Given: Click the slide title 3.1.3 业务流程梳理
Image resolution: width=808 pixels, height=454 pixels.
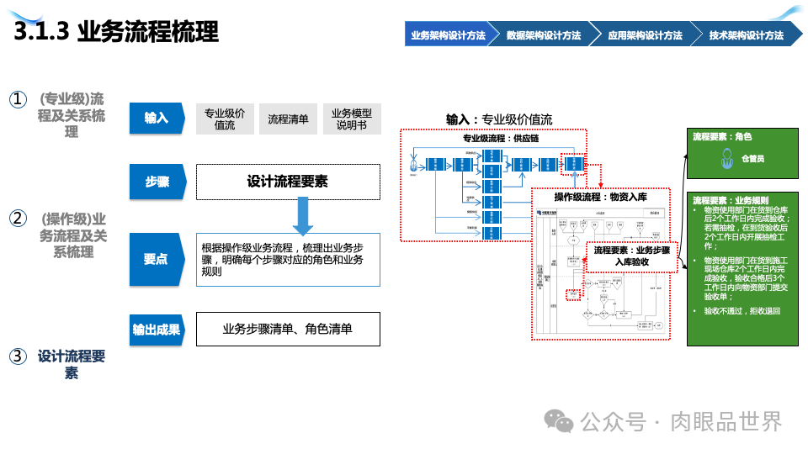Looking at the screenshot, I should (117, 32).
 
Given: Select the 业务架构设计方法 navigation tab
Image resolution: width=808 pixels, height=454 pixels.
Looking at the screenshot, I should (447, 35).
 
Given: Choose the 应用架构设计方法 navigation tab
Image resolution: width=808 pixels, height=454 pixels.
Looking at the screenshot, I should (645, 35).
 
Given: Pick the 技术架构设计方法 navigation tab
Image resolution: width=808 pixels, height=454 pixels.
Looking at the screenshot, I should (746, 35).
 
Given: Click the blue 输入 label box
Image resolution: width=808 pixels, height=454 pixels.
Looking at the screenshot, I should (157, 119).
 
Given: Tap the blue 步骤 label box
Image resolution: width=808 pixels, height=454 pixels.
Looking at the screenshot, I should (157, 182).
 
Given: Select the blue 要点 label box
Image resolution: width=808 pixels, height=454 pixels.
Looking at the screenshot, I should (157, 260).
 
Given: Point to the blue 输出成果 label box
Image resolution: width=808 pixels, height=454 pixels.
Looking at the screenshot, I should (157, 330).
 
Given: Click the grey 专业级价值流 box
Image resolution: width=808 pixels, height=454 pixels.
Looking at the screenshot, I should (225, 119).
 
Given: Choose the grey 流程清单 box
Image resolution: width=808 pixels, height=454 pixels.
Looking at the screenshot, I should (288, 119).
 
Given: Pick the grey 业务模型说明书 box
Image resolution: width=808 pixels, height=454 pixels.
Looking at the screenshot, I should (352, 119).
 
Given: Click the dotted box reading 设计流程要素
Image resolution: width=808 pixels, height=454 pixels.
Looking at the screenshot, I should (288, 182).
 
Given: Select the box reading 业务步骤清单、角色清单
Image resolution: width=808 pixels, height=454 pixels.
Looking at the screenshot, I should (288, 330).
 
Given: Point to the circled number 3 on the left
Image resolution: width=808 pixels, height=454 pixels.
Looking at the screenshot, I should (18, 356).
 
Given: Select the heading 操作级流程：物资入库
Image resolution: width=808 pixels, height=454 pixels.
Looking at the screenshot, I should (600, 197).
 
